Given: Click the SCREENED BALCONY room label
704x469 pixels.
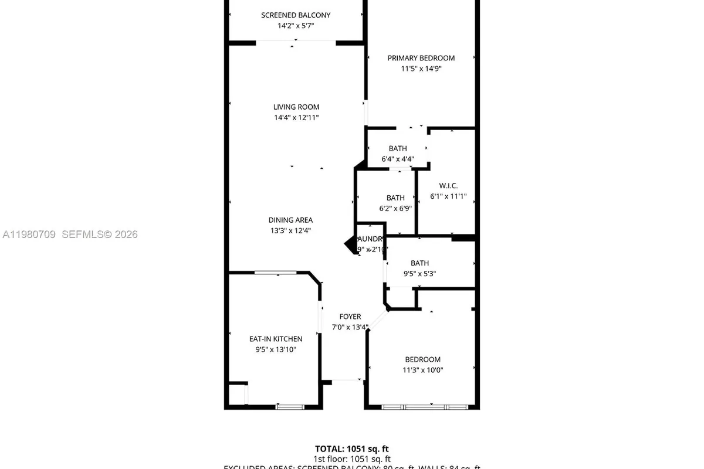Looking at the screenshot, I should (296, 15).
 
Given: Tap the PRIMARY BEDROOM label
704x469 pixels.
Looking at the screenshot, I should (421, 58).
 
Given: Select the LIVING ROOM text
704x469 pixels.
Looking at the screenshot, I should (296, 107).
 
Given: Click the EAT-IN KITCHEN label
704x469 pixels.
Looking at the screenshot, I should (276, 339).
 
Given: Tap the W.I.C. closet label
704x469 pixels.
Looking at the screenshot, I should (448, 186).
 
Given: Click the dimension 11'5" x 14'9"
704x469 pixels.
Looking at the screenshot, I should (421, 69).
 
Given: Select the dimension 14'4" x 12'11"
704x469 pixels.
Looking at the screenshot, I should (296, 117).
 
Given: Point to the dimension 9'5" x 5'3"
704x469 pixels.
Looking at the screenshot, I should (419, 273).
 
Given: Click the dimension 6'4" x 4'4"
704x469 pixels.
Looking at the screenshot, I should (397, 159).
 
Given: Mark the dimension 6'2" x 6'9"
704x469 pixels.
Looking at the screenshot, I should (395, 208).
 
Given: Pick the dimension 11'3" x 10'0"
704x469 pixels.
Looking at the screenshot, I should (422, 370).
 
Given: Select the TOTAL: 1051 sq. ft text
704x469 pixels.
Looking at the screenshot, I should (351, 448).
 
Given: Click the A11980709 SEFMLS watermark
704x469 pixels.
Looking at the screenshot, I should (70, 235).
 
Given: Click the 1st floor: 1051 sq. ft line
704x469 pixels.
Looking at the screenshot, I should (351, 459).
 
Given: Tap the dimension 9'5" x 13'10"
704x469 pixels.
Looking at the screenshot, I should (276, 349).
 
